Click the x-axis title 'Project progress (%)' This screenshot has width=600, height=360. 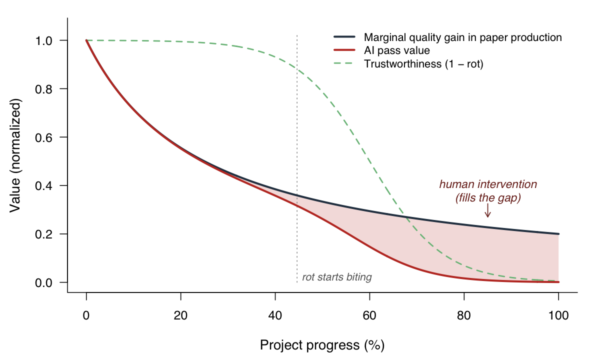(x=322, y=345)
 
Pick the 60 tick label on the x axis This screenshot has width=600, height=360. (x=369, y=315)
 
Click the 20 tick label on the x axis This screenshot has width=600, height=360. (x=180, y=315)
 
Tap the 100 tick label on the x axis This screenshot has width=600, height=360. (x=558, y=315)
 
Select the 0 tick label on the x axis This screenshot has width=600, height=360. (x=86, y=315)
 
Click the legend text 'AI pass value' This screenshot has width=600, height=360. (x=397, y=50)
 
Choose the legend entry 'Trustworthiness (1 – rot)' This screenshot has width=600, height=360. (x=423, y=64)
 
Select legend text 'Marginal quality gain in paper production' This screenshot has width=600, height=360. (x=463, y=37)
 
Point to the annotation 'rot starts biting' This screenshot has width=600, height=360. (x=337, y=277)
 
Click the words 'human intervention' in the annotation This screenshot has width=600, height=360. (x=488, y=184)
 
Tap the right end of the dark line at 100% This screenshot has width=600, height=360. (x=558, y=234)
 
